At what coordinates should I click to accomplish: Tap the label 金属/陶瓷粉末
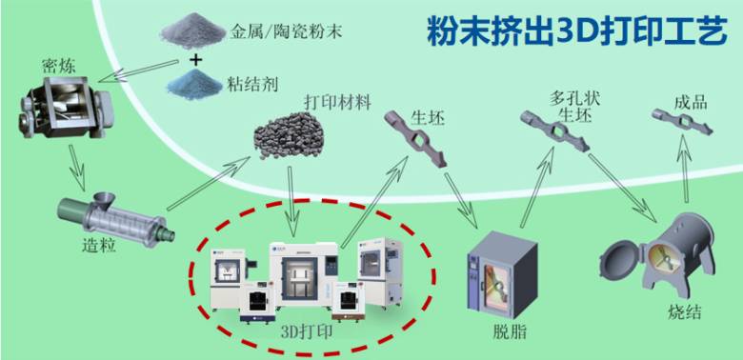click(286, 31)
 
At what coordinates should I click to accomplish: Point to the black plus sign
click(195, 60)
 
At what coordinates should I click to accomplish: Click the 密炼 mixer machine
click(67, 107)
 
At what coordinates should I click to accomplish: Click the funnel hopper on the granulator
click(104, 201)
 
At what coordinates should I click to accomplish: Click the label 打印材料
click(337, 102)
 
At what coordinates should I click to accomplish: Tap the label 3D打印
click(306, 331)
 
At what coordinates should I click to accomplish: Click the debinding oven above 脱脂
click(502, 273)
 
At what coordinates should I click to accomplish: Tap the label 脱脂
click(510, 332)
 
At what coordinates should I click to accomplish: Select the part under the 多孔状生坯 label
click(554, 131)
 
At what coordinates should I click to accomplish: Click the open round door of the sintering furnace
click(620, 262)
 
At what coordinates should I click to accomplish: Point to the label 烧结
click(684, 312)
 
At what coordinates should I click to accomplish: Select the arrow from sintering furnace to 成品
click(685, 169)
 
